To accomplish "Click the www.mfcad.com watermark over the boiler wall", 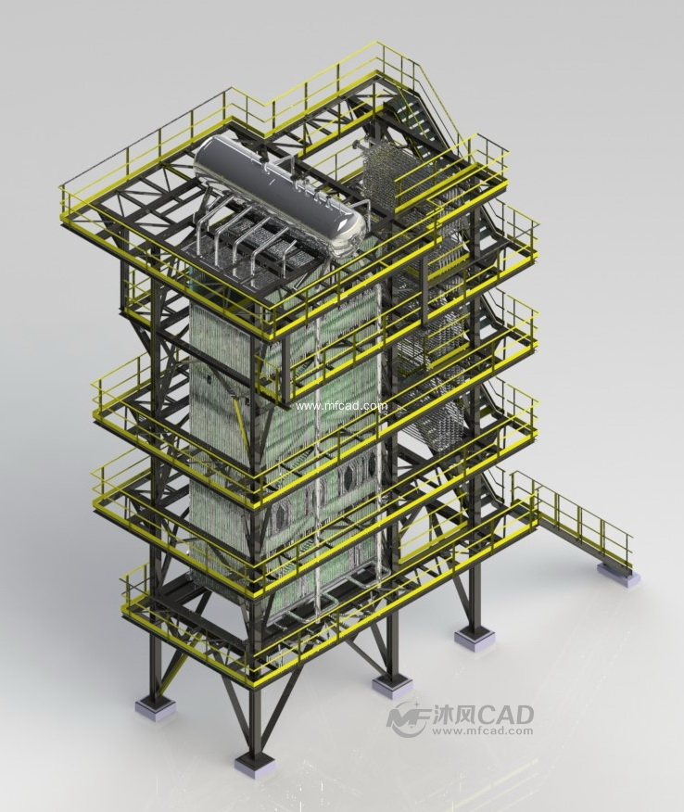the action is pyautogui.click(x=341, y=406).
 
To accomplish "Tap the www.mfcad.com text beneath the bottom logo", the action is pyautogui.click(x=483, y=731).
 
